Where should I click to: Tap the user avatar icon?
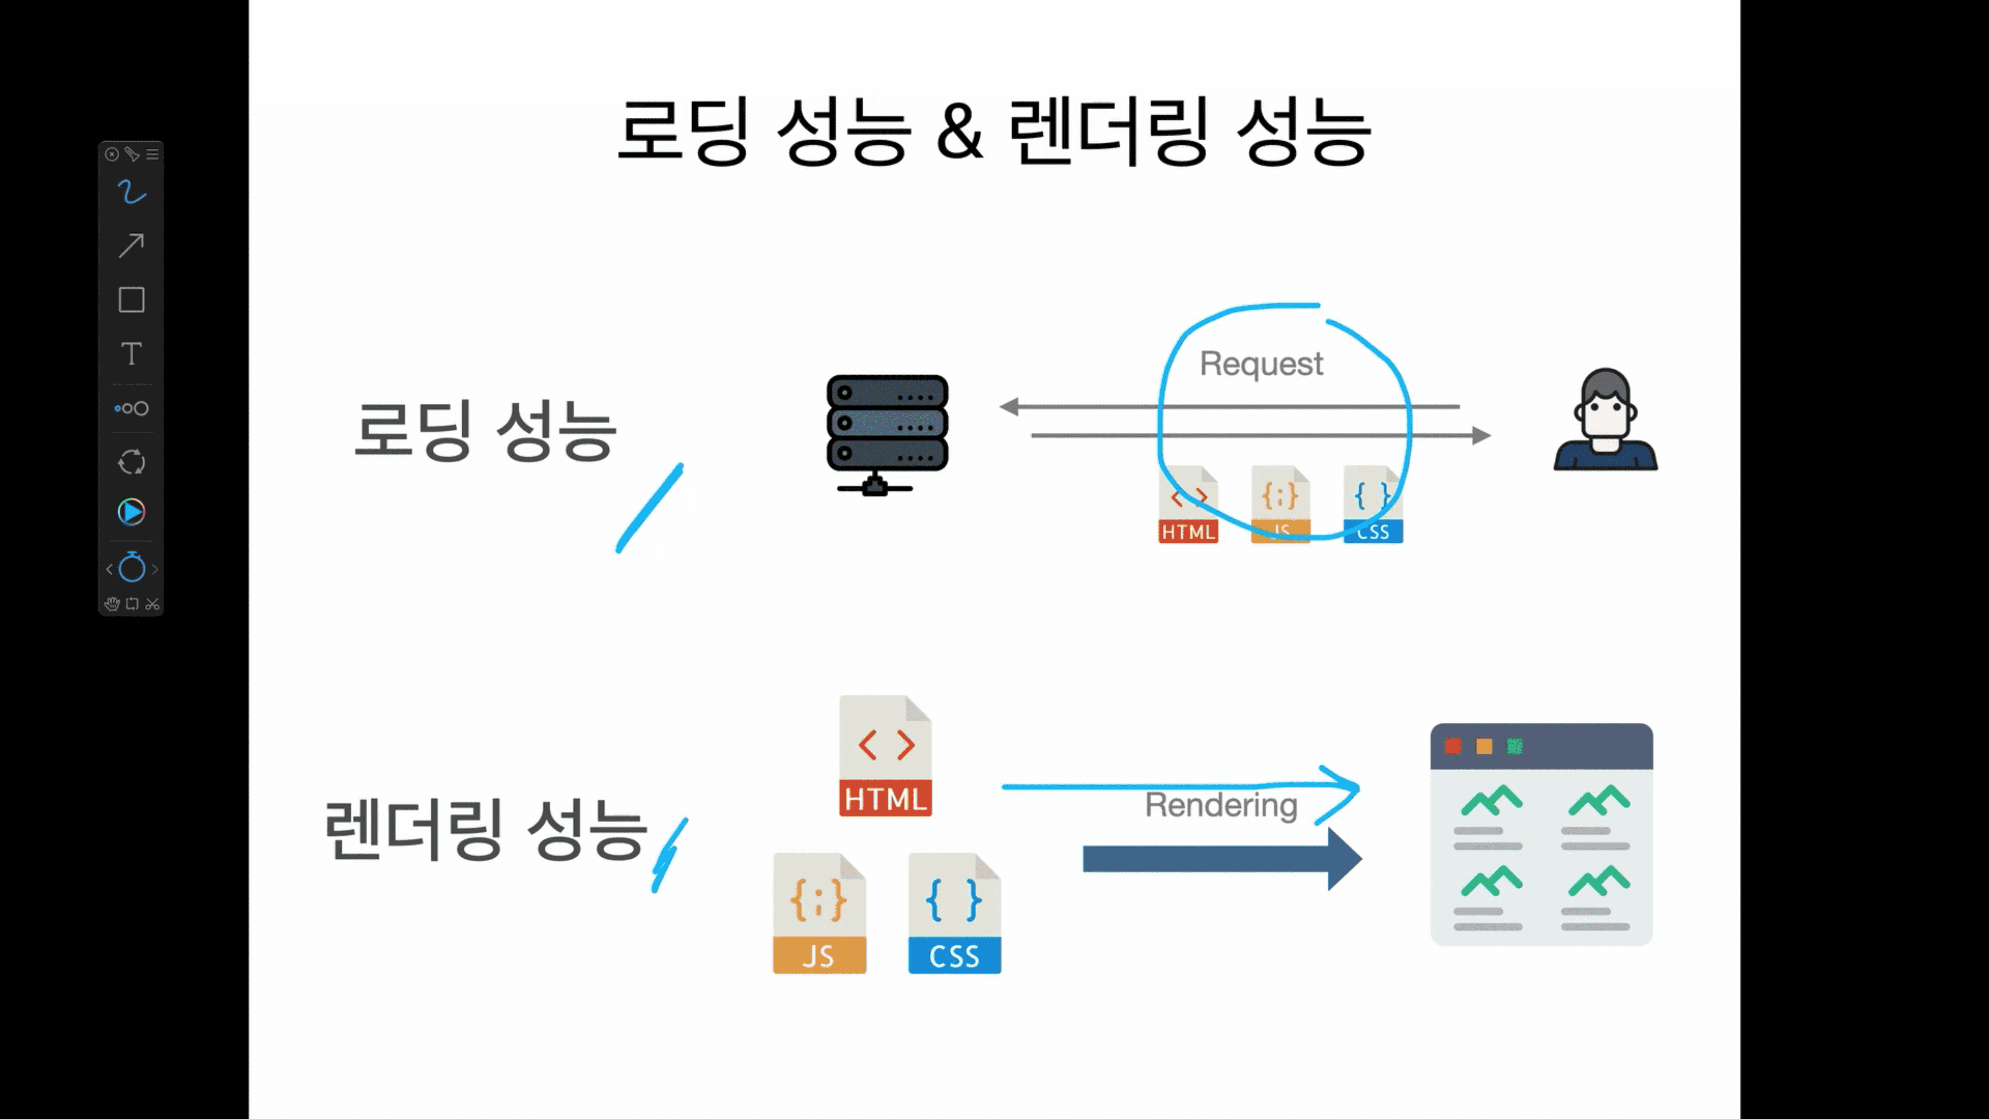click(x=1605, y=421)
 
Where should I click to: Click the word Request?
click(x=1261, y=364)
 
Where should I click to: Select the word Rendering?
click(x=1221, y=805)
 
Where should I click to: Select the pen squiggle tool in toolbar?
click(x=131, y=192)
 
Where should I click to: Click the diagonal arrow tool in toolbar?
click(x=131, y=246)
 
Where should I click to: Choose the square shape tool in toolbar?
click(x=131, y=300)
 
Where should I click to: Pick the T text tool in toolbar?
click(x=131, y=354)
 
